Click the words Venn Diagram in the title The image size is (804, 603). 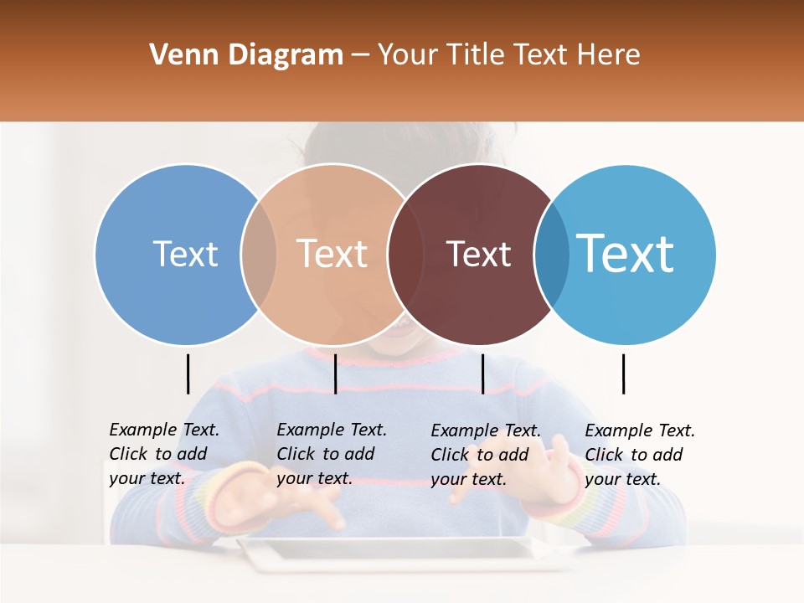(x=246, y=55)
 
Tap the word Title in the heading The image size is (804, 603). (x=478, y=55)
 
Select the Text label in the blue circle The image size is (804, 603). (x=185, y=254)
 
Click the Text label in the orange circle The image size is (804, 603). (x=332, y=254)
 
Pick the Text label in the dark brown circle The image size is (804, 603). (x=478, y=254)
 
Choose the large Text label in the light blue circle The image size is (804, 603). (x=625, y=253)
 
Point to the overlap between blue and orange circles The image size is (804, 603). (x=259, y=254)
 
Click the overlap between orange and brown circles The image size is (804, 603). (x=403, y=254)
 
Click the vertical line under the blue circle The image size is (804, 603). (x=188, y=374)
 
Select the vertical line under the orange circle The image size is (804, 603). (x=335, y=374)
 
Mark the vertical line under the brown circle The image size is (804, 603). (x=482, y=374)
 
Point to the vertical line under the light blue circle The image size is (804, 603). (x=623, y=374)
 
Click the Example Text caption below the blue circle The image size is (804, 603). (x=163, y=454)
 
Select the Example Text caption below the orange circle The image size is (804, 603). (x=331, y=454)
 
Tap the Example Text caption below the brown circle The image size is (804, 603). (x=485, y=455)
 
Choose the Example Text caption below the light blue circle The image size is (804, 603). (x=639, y=455)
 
